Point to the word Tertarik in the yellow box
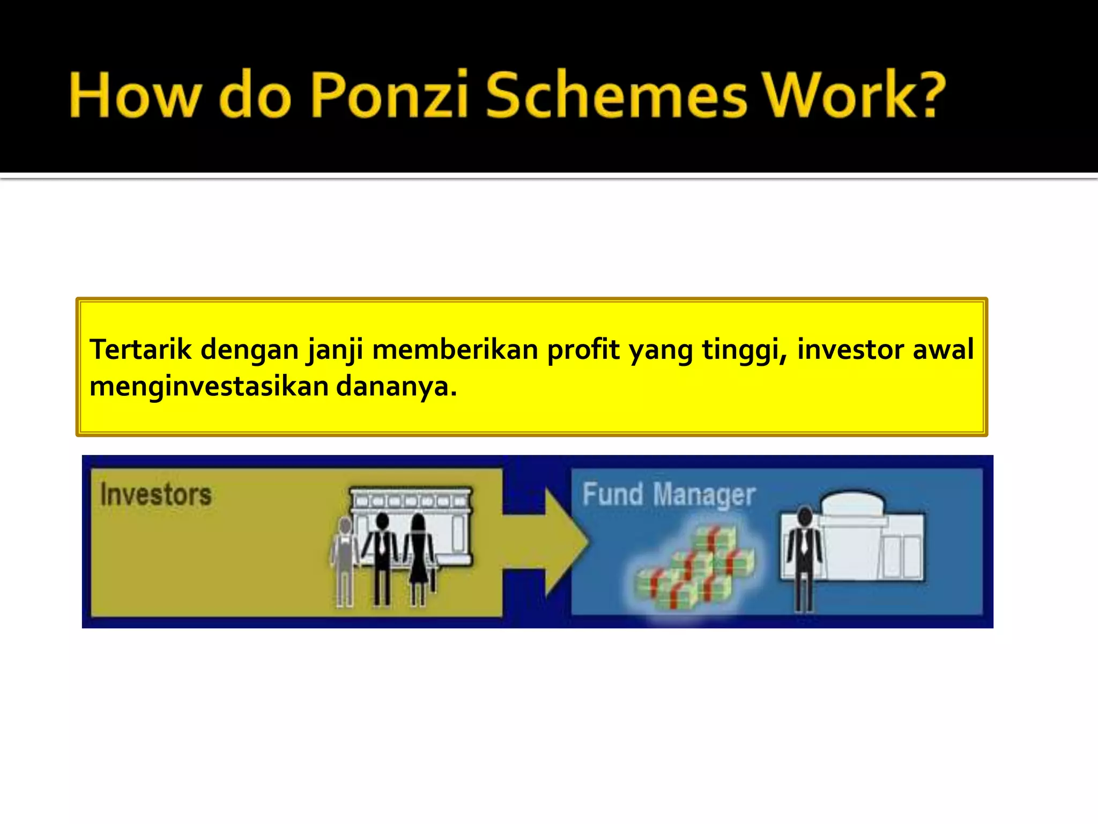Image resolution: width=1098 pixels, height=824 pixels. pos(140,350)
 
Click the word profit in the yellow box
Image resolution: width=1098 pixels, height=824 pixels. pos(583,350)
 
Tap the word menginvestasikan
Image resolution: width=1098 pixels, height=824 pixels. pos(209,387)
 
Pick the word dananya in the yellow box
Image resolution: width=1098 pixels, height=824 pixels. pos(396,387)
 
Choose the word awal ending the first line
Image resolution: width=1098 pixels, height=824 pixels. pos(943,350)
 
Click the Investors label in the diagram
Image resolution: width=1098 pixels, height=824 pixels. pos(156,494)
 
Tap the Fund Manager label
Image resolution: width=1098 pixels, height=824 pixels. pos(669,494)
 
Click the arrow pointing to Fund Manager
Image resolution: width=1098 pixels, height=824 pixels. pos(558,542)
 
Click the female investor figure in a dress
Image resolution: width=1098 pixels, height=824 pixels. pos(419,558)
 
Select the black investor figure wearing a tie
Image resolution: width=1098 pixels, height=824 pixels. pos(382,558)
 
